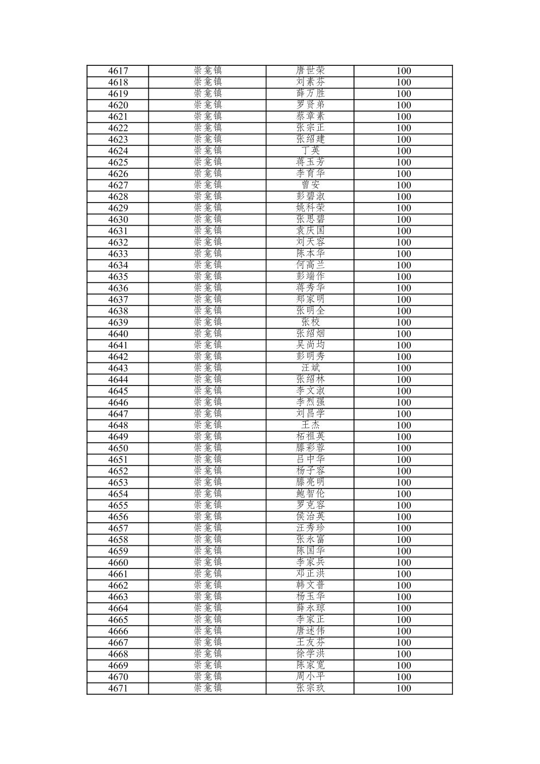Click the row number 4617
point(118,71)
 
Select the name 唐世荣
point(310,71)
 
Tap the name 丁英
point(310,151)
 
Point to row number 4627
point(118,185)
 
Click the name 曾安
point(310,185)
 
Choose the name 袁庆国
point(310,231)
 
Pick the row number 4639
point(118,322)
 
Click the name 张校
point(310,322)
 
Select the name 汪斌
point(310,368)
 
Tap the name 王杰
point(310,425)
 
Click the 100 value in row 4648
point(403,425)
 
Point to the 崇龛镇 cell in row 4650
point(208,448)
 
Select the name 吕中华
point(310,459)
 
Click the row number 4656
point(118,517)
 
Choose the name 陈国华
point(310,551)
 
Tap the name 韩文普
point(310,585)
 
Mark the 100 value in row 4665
point(403,620)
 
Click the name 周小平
point(310,677)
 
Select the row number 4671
point(118,688)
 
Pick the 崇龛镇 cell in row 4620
point(208,105)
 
